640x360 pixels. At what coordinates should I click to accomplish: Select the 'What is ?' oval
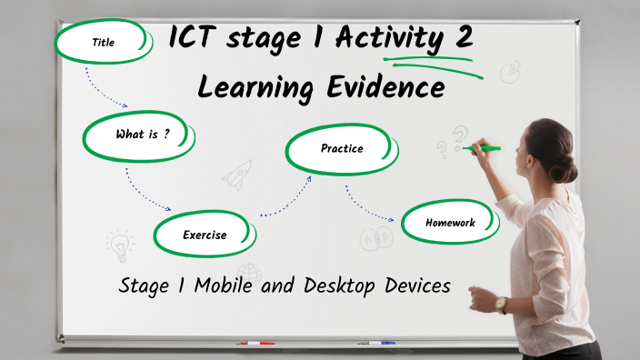(x=141, y=135)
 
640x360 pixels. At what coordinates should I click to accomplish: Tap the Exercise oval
(x=204, y=235)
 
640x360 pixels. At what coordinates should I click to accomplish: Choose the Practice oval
(x=341, y=149)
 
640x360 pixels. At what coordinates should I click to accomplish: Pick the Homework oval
(x=450, y=223)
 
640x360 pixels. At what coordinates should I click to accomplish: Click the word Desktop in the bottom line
(x=342, y=285)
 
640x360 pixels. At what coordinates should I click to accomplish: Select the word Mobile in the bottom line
(x=217, y=285)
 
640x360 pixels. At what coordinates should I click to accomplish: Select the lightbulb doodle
(x=118, y=245)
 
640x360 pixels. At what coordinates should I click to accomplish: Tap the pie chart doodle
(x=510, y=72)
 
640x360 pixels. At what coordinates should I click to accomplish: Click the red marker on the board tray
(x=255, y=344)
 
